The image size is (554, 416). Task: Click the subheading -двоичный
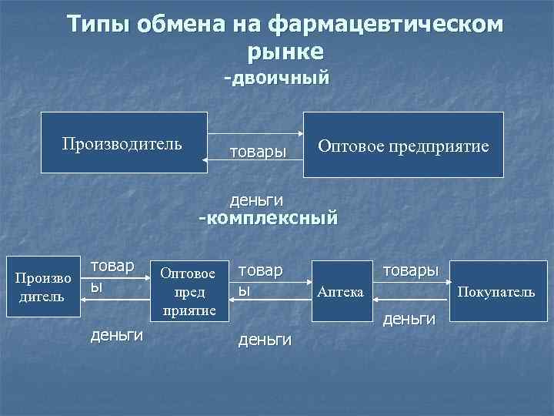pyautogui.click(x=276, y=78)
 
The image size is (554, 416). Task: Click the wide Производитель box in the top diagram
pyautogui.click(x=123, y=143)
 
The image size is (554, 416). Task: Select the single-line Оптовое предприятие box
pyautogui.click(x=404, y=145)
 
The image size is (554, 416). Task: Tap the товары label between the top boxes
pyautogui.click(x=258, y=150)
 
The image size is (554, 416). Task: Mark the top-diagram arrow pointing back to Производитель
pyautogui.click(x=254, y=159)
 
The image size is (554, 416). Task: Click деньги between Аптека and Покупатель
pyautogui.click(x=409, y=317)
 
